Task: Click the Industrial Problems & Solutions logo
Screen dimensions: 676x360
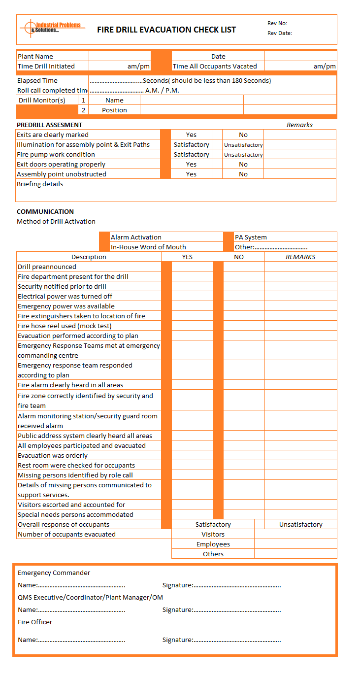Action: pyautogui.click(x=51, y=28)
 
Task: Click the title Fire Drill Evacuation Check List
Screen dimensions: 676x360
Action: pyautogui.click(x=166, y=30)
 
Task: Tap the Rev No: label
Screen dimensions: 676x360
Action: pyautogui.click(x=277, y=23)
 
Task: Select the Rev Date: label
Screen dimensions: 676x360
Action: pyautogui.click(x=280, y=33)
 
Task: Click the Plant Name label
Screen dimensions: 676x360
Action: pyautogui.click(x=35, y=56)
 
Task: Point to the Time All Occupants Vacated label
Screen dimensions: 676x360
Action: pyautogui.click(x=215, y=66)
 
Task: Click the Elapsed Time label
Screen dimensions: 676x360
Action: pyautogui.click(x=37, y=80)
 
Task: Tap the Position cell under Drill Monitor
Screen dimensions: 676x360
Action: pyautogui.click(x=114, y=110)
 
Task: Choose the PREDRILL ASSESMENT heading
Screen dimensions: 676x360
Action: pyautogui.click(x=50, y=125)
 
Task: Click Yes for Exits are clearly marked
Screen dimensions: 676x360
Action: pyautogui.click(x=191, y=135)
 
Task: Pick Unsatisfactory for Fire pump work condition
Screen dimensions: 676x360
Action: pyautogui.click(x=243, y=154)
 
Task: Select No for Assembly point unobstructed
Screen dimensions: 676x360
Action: pyautogui.click(x=243, y=174)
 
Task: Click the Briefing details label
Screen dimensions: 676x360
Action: pyautogui.click(x=40, y=184)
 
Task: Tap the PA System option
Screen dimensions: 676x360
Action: pyautogui.click(x=251, y=237)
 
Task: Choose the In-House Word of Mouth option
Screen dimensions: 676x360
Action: pyautogui.click(x=148, y=247)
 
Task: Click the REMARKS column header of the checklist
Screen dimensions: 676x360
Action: pyautogui.click(x=300, y=257)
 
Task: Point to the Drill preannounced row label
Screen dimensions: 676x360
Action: pyautogui.click(x=47, y=267)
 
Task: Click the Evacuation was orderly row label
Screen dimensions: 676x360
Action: pyautogui.click(x=53, y=455)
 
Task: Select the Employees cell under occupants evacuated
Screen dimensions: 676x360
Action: pyautogui.click(x=213, y=544)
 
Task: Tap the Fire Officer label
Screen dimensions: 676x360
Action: pyautogui.click(x=35, y=622)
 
